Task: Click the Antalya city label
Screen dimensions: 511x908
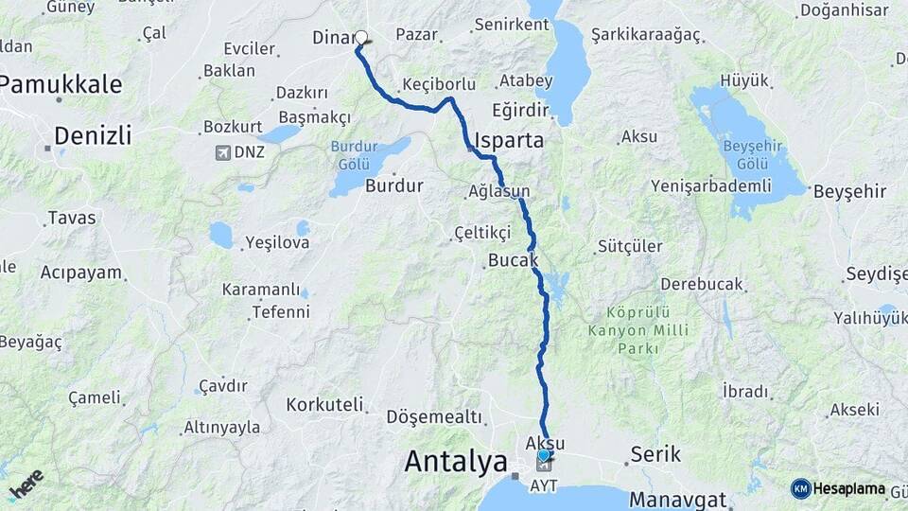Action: click(456, 462)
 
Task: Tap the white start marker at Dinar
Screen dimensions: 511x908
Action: click(360, 38)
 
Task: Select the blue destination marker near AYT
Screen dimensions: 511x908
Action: click(544, 455)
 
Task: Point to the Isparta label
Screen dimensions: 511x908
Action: click(511, 141)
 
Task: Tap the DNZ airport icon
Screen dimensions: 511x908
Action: click(223, 151)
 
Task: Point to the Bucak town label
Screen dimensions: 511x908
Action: click(514, 259)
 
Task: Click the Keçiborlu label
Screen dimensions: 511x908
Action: click(439, 84)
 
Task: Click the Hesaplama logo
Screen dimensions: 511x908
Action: click(837, 489)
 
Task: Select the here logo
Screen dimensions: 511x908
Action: click(26, 483)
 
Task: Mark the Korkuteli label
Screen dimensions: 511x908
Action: click(324, 405)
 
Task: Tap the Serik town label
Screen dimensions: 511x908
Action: click(655, 454)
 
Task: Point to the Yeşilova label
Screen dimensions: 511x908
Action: click(277, 243)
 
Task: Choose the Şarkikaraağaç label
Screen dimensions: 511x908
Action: click(645, 35)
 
